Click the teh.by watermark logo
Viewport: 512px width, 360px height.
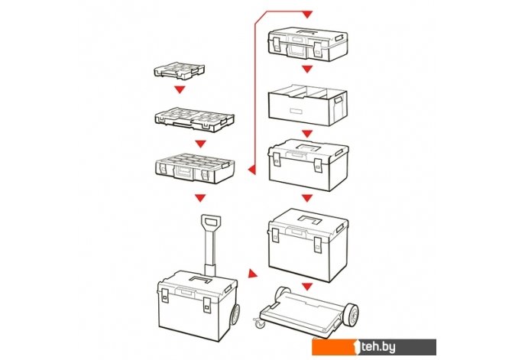click(x=374, y=347)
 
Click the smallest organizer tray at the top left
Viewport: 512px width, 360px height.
click(x=180, y=72)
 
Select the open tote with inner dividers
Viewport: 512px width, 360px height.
click(x=308, y=105)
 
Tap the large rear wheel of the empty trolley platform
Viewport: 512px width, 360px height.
click(x=351, y=314)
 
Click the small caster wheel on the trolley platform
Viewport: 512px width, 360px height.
click(x=260, y=323)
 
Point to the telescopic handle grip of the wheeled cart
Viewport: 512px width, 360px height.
click(x=211, y=222)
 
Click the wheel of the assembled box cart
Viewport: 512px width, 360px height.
click(x=235, y=314)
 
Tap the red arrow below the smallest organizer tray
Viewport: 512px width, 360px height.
click(x=180, y=89)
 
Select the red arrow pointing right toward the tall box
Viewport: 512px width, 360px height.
click(x=252, y=274)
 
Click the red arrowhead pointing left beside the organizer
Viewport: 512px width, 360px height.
click(x=252, y=170)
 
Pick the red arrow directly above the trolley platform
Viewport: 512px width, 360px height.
click(x=306, y=287)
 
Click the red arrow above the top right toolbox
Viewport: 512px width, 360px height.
click(x=307, y=15)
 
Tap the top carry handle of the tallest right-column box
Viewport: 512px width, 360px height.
click(x=310, y=219)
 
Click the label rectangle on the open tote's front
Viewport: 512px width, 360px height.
click(x=296, y=111)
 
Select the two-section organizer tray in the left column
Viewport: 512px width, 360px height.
click(x=194, y=119)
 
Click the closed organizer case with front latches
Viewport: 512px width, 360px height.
click(x=195, y=168)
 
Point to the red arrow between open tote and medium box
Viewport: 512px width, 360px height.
click(x=306, y=134)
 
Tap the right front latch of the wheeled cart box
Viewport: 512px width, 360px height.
click(x=207, y=305)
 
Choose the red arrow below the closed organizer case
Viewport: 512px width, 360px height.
click(x=200, y=198)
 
